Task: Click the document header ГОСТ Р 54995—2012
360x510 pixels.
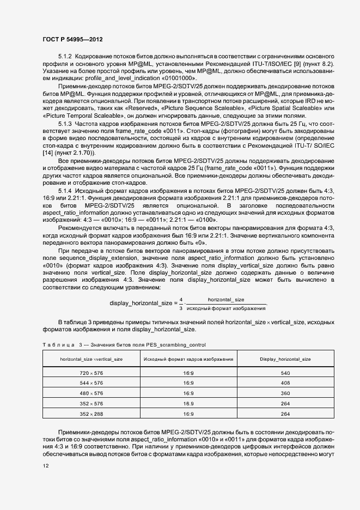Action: tap(72, 40)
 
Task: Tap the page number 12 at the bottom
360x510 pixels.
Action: tap(45, 466)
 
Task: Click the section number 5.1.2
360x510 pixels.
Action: tap(65, 57)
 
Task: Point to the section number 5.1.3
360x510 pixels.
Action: tap(65, 125)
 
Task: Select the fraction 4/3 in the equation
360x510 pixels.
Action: tap(181, 303)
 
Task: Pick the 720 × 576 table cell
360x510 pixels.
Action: tap(91, 373)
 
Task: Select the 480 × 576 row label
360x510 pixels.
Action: tap(91, 393)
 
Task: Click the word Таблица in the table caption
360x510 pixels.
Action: tap(58, 345)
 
